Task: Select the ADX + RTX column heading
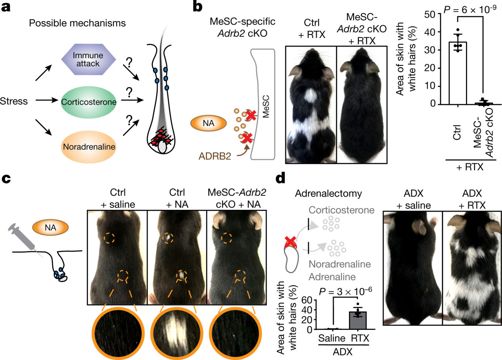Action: click(x=469, y=199)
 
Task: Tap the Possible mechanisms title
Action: click(x=77, y=23)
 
